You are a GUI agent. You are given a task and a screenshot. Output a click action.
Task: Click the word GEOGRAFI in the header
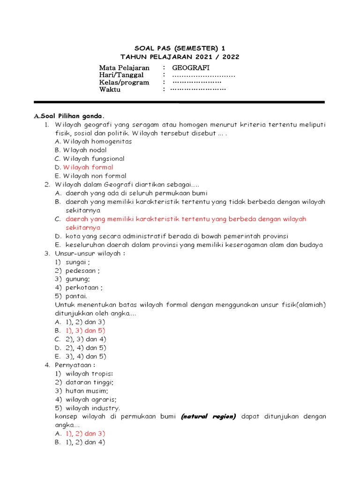190,68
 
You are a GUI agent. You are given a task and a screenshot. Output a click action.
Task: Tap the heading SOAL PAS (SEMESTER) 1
180,48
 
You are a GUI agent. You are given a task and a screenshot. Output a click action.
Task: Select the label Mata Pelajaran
124,68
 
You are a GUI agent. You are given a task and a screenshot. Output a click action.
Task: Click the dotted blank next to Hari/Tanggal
203,75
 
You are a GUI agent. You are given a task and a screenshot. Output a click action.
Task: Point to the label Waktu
110,90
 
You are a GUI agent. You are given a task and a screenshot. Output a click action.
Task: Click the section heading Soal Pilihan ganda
72,116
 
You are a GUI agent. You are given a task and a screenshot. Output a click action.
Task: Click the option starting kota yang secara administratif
177,236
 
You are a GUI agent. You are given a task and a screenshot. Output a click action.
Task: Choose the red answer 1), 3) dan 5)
85,330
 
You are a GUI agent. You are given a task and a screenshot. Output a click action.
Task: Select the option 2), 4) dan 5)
86,348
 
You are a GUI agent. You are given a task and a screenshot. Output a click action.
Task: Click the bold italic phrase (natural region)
209,416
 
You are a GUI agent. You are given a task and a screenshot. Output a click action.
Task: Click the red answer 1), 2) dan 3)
85,434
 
